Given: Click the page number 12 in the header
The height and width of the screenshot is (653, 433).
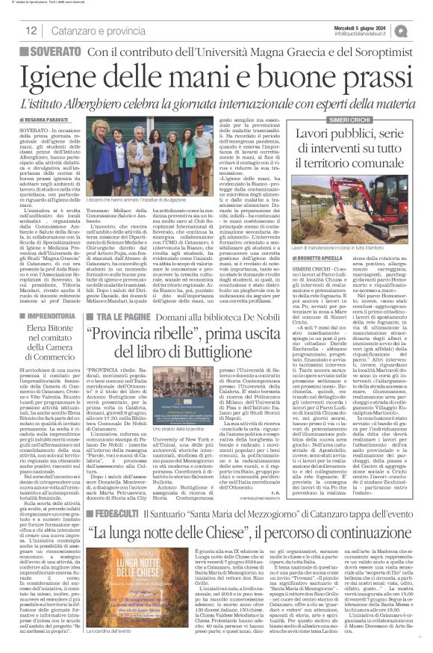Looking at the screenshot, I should click(x=31, y=30).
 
